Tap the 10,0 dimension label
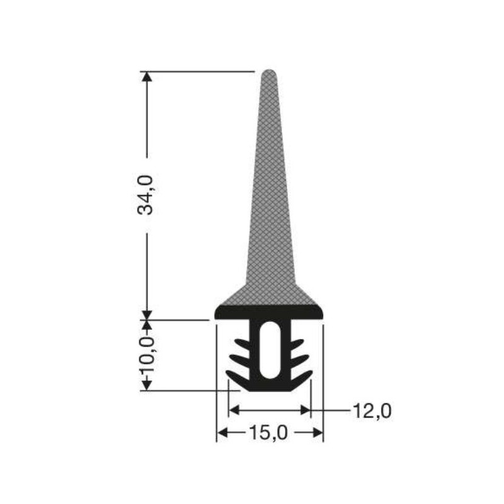(147, 355)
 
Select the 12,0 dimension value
(372, 411)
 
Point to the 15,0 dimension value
(268, 433)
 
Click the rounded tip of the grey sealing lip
(269, 74)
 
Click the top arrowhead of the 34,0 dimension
(147, 76)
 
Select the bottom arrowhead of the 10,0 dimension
(147, 386)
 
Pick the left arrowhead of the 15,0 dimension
(222, 433)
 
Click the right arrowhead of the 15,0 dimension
(318, 433)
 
